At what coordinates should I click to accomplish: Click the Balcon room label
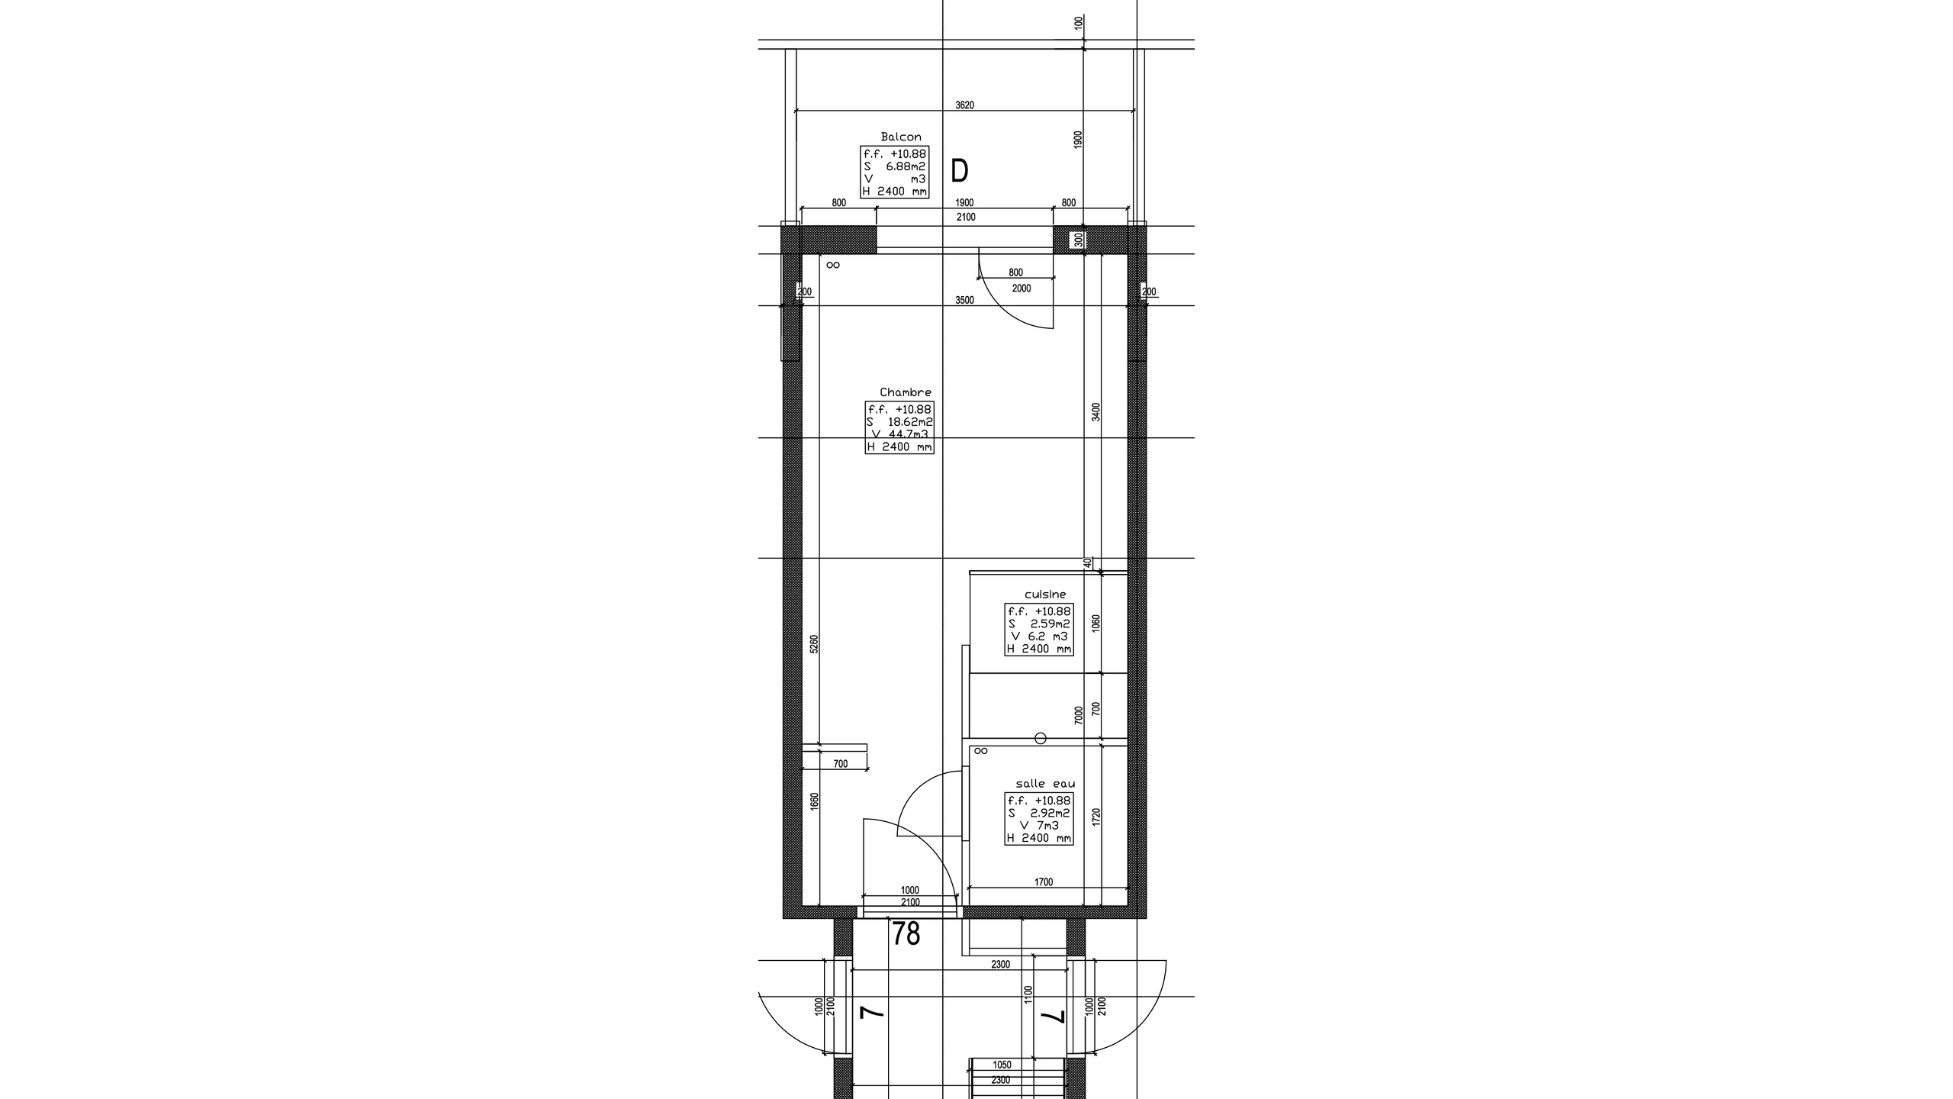click(x=901, y=137)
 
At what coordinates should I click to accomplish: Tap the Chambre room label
click(x=906, y=392)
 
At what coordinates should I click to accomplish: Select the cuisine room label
click(x=1045, y=595)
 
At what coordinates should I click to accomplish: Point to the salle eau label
click(x=1045, y=784)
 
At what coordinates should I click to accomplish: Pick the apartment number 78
click(x=906, y=934)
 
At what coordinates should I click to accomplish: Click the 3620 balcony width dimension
click(x=965, y=105)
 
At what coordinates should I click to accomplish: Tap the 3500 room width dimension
click(x=965, y=300)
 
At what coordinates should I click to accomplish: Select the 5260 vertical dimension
click(x=814, y=644)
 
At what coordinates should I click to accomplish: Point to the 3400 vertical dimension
click(x=1096, y=412)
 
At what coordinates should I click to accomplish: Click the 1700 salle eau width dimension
click(x=1044, y=882)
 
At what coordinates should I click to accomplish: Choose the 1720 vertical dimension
click(x=1096, y=817)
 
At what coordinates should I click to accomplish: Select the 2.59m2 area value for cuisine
click(x=1050, y=624)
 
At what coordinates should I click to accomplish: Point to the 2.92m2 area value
click(x=1050, y=813)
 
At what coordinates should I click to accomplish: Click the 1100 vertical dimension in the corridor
click(x=1028, y=994)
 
